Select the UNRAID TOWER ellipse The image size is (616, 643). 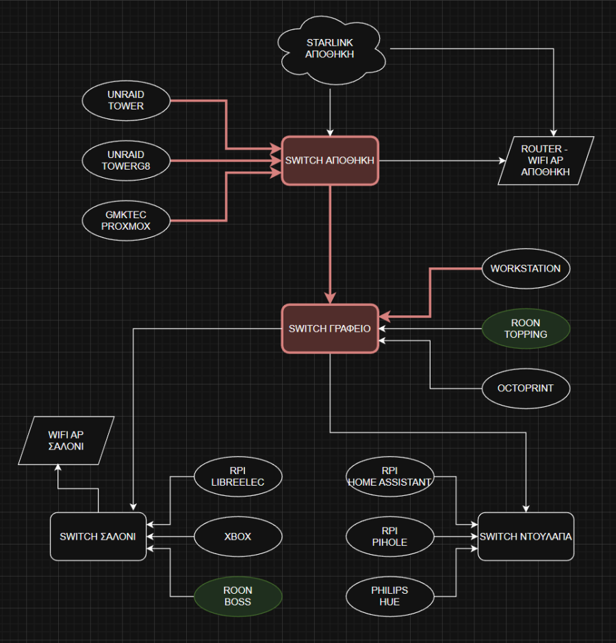pyautogui.click(x=125, y=101)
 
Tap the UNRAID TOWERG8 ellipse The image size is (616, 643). pyautogui.click(x=125, y=161)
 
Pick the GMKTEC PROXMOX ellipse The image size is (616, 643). pyautogui.click(x=125, y=220)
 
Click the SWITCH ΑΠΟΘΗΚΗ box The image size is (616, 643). pyautogui.click(x=330, y=161)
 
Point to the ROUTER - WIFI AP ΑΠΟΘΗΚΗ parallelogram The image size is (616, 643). pyautogui.click(x=546, y=161)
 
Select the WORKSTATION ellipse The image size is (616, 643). pyautogui.click(x=525, y=269)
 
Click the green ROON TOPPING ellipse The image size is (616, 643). pyautogui.click(x=525, y=328)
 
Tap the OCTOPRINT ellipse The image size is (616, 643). pyautogui.click(x=525, y=388)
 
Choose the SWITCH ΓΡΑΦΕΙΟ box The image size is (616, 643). pyautogui.click(x=330, y=328)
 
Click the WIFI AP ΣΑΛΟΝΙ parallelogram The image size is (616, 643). pyautogui.click(x=66, y=440)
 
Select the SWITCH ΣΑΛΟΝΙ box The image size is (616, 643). pyautogui.click(x=98, y=536)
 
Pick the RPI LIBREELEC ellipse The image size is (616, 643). pyautogui.click(x=238, y=477)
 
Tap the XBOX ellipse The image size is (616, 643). pyautogui.click(x=238, y=536)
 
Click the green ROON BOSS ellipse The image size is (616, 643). pyautogui.click(x=238, y=596)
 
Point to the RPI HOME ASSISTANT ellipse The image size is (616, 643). pyautogui.click(x=389, y=477)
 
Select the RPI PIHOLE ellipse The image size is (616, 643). pyautogui.click(x=389, y=536)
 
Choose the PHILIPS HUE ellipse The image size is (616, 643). pyautogui.click(x=389, y=596)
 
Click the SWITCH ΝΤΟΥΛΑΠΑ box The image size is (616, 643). pyautogui.click(x=526, y=536)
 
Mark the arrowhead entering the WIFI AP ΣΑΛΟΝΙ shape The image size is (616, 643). pyautogui.click(x=58, y=468)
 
